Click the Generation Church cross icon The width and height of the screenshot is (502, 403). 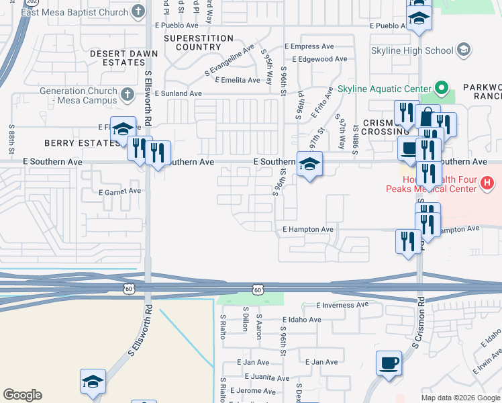click(x=127, y=95)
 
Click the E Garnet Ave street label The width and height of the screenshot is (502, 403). click(x=120, y=191)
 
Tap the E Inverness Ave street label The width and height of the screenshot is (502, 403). click(x=342, y=305)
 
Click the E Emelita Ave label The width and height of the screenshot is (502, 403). click(x=236, y=80)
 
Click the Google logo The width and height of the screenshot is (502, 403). click(x=22, y=395)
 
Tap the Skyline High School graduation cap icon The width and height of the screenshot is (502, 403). click(x=463, y=50)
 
